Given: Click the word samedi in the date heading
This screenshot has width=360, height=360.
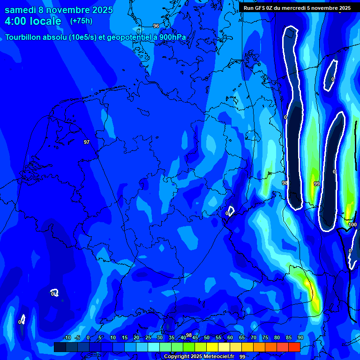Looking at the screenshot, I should (x=22, y=10).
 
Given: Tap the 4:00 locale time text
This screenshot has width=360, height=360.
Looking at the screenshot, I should (x=33, y=21).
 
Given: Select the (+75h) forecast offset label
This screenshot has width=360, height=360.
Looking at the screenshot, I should (x=81, y=21).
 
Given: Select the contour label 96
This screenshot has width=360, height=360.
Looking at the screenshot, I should (x=156, y=26).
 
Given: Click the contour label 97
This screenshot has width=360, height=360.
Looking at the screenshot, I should (x=87, y=142).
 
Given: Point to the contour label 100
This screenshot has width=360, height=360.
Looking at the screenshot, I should (x=352, y=225).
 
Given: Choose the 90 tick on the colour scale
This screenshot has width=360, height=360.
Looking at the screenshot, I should (x=300, y=338).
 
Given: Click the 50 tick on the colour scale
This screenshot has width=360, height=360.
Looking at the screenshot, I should (x=207, y=338).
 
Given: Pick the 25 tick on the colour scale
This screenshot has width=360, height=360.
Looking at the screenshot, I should (x=148, y=338).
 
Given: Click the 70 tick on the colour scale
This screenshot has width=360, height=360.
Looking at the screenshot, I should (x=254, y=338).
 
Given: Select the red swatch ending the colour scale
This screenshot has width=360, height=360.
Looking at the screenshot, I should (x=294, y=347).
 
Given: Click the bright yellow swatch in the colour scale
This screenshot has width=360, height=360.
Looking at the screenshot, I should (x=212, y=347).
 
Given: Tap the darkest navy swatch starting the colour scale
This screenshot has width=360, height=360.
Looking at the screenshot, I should (x=60, y=347).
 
